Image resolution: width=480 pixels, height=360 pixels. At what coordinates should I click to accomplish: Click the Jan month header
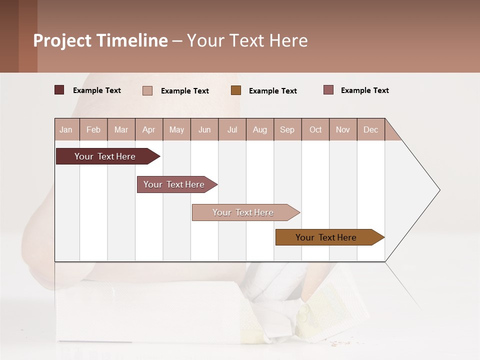(66, 129)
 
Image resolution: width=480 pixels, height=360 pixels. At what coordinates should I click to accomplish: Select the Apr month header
(148, 129)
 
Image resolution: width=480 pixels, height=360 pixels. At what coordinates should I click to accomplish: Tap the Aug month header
(259, 129)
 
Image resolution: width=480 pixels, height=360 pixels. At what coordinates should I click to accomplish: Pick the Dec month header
(370, 129)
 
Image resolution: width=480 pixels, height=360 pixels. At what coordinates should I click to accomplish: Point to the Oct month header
(315, 129)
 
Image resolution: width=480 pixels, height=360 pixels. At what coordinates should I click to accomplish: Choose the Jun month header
(204, 129)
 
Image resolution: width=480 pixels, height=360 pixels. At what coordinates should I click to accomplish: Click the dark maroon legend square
(59, 90)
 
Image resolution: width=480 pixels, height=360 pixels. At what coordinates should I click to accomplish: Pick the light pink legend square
(147, 90)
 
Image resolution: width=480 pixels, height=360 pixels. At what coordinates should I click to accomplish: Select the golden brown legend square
(236, 90)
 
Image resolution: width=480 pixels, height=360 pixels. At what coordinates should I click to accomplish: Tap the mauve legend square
(328, 90)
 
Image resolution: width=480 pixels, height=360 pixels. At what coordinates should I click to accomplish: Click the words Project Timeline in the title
(100, 40)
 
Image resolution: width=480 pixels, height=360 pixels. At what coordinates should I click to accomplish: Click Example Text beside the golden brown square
(272, 91)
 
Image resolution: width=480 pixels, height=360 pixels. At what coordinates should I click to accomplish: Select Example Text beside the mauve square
(364, 90)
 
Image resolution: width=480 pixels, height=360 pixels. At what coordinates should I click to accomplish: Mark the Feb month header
(93, 129)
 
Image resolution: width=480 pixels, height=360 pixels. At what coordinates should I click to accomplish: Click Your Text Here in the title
(247, 40)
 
